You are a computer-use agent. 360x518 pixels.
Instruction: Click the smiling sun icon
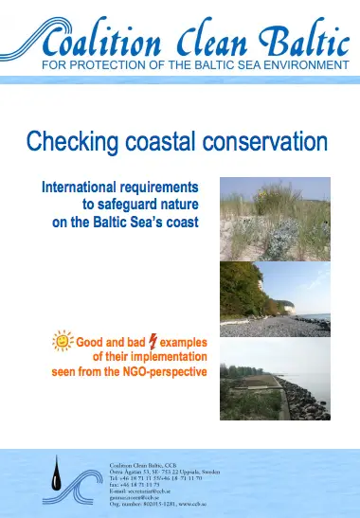pyautogui.click(x=63, y=339)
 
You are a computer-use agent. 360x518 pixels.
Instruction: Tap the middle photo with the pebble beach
pyautogui.click(x=275, y=299)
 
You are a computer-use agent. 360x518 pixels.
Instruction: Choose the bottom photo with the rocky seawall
pyautogui.click(x=275, y=379)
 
